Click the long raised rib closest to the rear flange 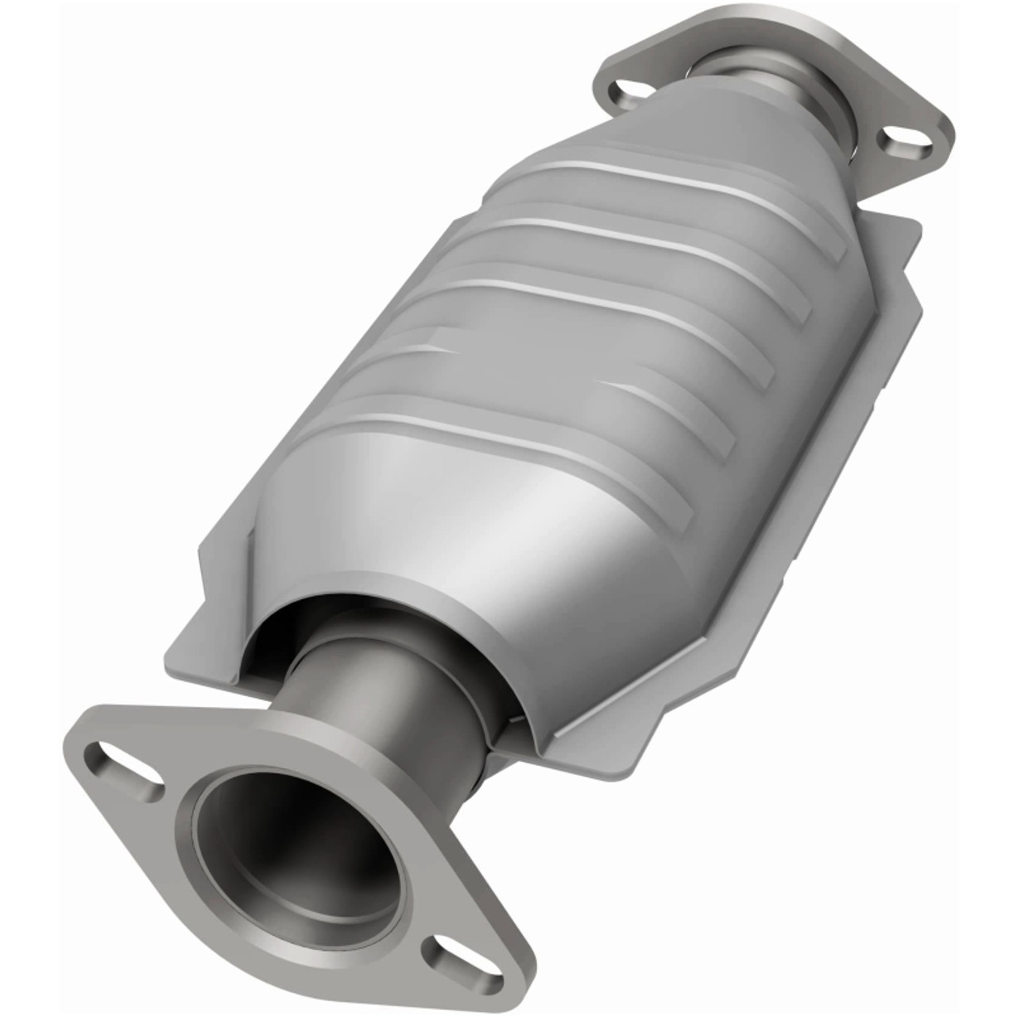pyautogui.click(x=683, y=183)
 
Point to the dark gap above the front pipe pyautogui.click(x=318, y=628)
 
